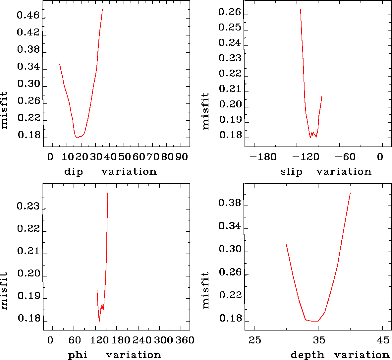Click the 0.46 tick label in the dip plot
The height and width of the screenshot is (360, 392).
(28, 16)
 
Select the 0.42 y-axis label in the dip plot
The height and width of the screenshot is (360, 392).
(28, 32)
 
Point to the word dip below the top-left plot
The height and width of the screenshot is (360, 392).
(74, 172)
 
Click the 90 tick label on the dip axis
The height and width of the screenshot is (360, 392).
(181, 157)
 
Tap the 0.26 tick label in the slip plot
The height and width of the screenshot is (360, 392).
(230, 12)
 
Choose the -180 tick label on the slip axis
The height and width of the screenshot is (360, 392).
(263, 157)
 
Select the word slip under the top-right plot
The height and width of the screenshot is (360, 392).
(291, 172)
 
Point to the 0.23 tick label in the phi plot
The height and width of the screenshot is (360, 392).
(28, 207)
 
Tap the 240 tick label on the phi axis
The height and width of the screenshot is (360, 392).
(141, 340)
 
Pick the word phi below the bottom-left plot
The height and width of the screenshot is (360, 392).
(78, 355)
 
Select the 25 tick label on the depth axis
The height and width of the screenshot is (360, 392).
(255, 340)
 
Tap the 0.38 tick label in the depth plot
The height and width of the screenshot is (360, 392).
(230, 203)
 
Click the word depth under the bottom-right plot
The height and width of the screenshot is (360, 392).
(308, 355)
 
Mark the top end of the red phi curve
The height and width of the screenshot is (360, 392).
(108, 193)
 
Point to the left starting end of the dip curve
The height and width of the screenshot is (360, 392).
(60, 64)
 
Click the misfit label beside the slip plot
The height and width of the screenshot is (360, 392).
(206, 111)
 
